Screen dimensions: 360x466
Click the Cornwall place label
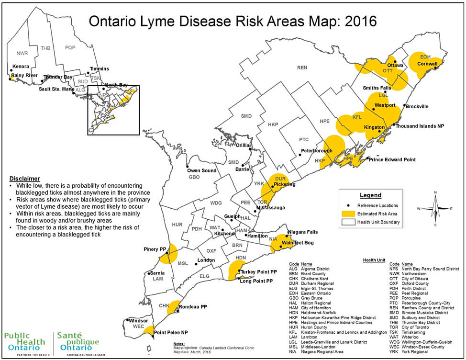(x=428, y=64)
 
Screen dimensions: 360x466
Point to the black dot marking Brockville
(x=405, y=105)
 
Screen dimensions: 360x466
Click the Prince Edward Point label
(x=393, y=159)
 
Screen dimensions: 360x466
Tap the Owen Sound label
(x=201, y=170)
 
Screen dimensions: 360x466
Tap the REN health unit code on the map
(x=302, y=67)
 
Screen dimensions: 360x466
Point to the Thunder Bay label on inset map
(x=58, y=77)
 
